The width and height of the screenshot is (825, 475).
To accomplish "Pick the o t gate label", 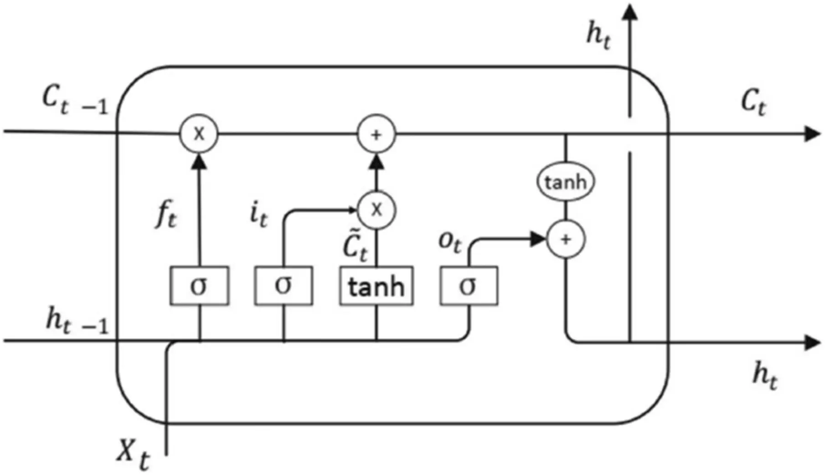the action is [449, 242].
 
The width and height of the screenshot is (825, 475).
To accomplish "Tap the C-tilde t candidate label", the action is [355, 249].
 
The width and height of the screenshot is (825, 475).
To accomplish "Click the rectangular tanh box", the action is [376, 286].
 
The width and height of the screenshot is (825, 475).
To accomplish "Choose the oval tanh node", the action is [565, 182].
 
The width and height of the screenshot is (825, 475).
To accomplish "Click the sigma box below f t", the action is [200, 286].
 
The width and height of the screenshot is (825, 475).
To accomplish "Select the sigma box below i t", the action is [284, 286].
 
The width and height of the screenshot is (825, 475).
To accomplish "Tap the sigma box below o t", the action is [469, 286].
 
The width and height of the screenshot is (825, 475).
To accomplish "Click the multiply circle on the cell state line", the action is [199, 134].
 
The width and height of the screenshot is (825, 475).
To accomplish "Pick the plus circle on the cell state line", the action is [376, 134].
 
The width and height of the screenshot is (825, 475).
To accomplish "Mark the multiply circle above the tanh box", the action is [376, 210].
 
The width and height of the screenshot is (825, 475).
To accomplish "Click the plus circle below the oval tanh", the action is [566, 239].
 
